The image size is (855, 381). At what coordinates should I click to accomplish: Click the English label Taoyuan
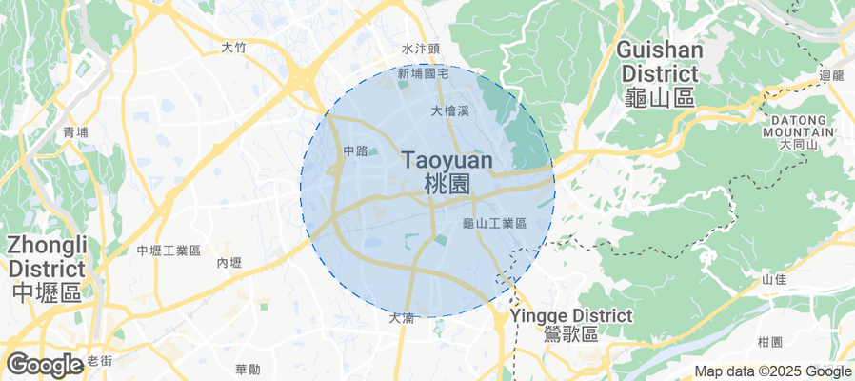click(447, 160)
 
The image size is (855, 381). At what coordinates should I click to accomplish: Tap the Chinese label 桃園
click(447, 184)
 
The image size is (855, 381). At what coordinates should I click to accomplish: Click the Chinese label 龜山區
click(662, 97)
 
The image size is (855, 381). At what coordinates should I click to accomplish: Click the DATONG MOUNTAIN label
click(798, 126)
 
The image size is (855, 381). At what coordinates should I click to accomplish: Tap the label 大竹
click(233, 46)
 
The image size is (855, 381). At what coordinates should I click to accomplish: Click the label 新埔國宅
click(423, 72)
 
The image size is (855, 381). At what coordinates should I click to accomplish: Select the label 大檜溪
click(450, 111)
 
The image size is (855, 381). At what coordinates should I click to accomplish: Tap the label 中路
click(355, 150)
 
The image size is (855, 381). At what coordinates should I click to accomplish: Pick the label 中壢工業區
click(169, 251)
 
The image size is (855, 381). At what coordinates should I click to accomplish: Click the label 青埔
click(74, 132)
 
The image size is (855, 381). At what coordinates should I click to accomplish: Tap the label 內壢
click(229, 263)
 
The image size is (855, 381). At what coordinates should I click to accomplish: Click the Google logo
click(44, 364)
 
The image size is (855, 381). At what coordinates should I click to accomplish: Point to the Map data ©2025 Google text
click(772, 371)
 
